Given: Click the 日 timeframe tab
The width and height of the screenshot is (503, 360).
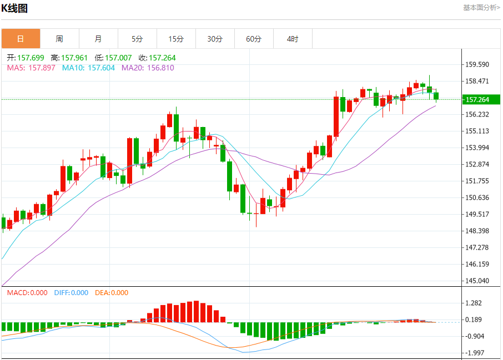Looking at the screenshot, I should (21, 39).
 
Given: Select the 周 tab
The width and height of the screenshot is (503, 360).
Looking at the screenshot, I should (59, 39).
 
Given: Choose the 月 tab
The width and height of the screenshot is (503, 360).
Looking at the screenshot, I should (98, 39).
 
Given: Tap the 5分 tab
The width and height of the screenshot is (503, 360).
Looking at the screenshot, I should (137, 39).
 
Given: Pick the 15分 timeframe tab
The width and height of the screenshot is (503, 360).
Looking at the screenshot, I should (176, 39).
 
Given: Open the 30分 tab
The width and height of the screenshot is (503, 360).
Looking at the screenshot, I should (215, 39).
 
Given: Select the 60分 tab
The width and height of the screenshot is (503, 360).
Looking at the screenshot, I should (254, 39).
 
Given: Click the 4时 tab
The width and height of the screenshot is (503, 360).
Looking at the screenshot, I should (293, 39).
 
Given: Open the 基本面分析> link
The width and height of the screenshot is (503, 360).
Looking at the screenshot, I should (481, 8).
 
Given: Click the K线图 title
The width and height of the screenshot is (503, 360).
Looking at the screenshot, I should (15, 8).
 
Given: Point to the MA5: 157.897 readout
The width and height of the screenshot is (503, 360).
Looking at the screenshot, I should (31, 68).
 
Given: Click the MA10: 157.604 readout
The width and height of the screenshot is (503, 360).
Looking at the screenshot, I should (88, 68).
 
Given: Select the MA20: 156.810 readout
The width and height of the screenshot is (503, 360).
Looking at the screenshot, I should (148, 68).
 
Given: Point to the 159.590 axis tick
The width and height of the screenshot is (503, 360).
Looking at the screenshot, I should (477, 64).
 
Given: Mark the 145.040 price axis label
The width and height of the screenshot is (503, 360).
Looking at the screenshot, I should (477, 281).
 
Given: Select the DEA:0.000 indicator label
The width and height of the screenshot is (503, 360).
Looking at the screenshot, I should (111, 293).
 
